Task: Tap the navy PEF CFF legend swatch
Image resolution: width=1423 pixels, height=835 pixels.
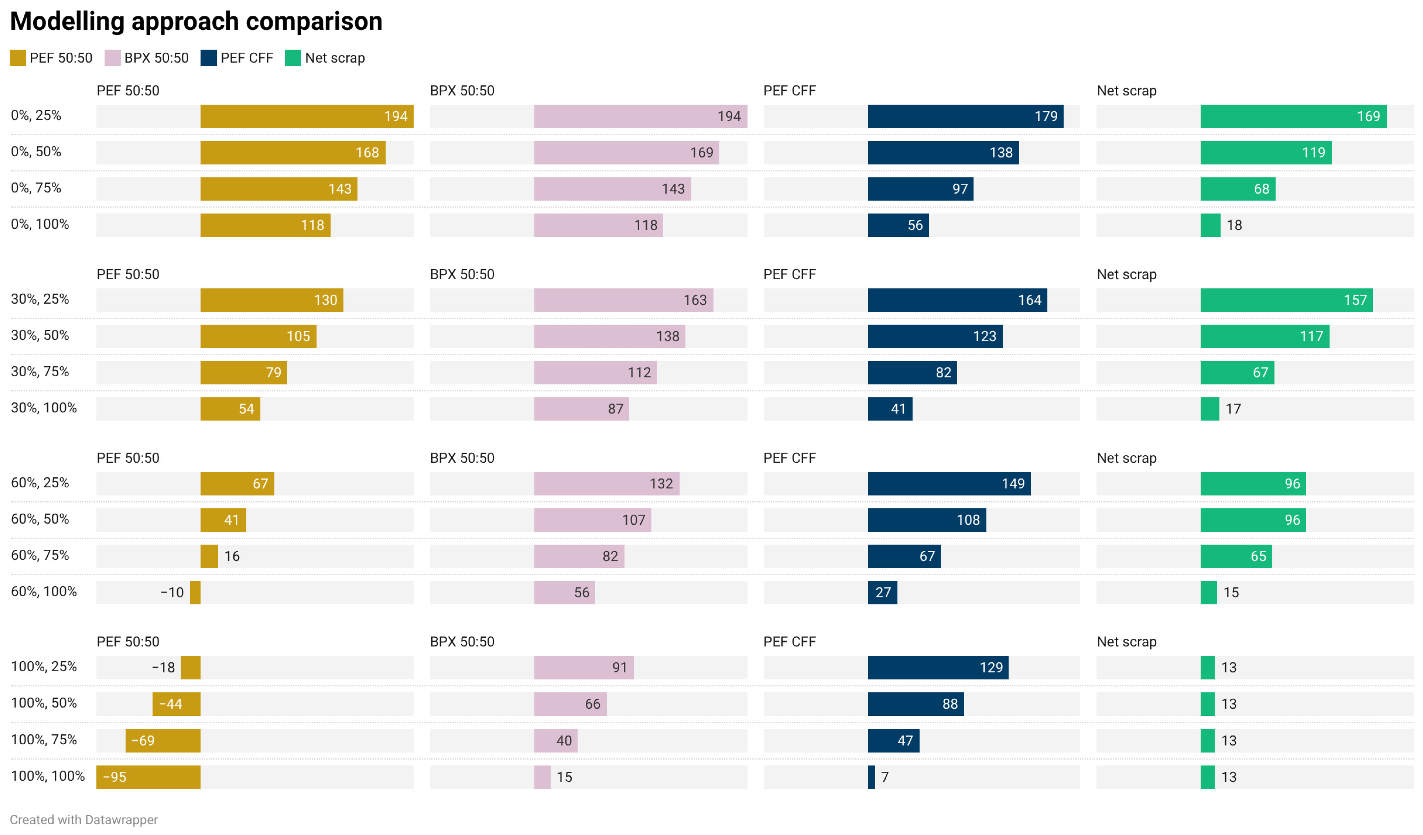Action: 209,58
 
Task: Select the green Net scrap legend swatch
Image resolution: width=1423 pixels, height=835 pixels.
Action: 293,58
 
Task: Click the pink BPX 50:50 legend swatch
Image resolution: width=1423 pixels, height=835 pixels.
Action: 112,58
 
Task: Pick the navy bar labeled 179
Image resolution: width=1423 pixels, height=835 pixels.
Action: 966,116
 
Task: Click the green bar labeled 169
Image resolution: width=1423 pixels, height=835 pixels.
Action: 1294,116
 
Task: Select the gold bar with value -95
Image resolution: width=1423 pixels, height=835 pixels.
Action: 149,777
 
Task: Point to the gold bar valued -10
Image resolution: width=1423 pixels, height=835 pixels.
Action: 195,592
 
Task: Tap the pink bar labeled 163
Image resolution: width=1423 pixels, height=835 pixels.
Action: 624,300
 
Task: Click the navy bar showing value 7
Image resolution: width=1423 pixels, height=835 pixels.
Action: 871,777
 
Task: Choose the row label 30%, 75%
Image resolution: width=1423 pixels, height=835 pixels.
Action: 40,372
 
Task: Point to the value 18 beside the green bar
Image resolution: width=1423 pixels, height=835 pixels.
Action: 1234,225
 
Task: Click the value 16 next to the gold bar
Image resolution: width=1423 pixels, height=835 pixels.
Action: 232,556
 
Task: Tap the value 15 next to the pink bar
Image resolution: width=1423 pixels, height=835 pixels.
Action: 565,777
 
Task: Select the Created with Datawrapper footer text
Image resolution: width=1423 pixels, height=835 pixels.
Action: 84,820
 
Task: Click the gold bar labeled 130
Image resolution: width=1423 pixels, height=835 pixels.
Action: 272,300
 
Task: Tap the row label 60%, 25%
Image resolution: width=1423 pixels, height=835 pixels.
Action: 40,483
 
